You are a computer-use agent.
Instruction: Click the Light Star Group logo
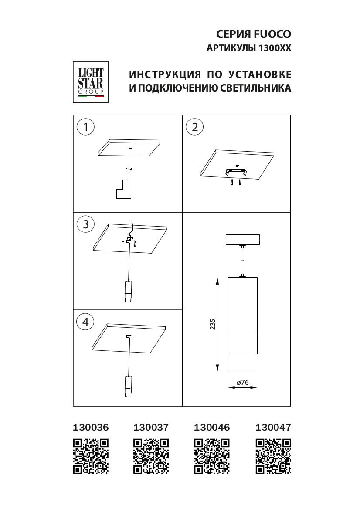tap(91, 81)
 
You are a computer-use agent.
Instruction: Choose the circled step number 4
tap(85, 322)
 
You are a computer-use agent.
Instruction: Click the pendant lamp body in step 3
tap(129, 291)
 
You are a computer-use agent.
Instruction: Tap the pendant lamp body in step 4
tap(128, 386)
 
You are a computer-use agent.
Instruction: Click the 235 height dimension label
tap(213, 325)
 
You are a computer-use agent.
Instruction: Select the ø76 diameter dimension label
tap(242, 382)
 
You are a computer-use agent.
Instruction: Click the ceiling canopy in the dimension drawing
tap(242, 240)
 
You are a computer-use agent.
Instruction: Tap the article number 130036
tap(90, 428)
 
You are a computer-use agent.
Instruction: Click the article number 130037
tap(151, 428)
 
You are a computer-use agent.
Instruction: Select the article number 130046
tap(211, 428)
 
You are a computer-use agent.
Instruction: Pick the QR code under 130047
tap(273, 456)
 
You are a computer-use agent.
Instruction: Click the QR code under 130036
tap(91, 456)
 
